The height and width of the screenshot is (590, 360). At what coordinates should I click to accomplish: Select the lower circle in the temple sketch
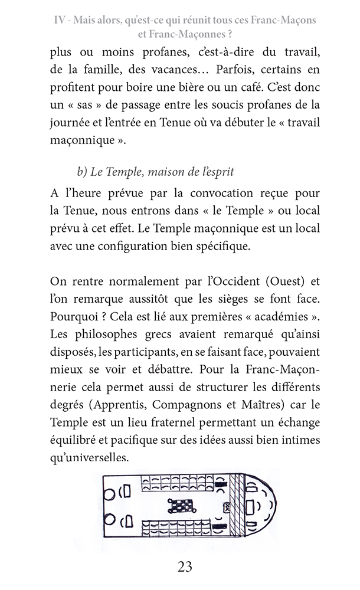[109, 520]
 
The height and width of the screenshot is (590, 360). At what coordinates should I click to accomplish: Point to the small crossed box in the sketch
[226, 507]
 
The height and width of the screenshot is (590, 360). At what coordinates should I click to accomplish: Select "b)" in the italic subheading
[82, 172]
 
